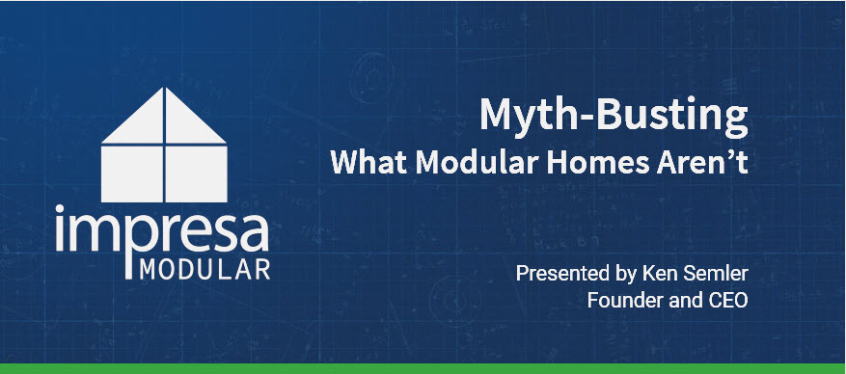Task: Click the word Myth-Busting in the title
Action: [x=614, y=118]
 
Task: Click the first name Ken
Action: [x=653, y=274]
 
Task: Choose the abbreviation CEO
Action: [x=726, y=300]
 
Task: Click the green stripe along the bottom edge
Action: [x=423, y=369]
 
